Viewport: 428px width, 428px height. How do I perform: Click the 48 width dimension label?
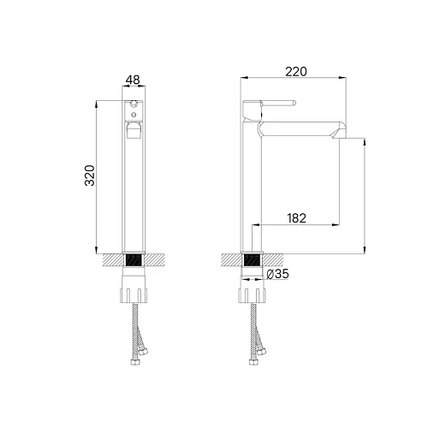tap(133, 80)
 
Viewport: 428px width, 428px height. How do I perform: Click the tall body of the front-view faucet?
tap(133, 188)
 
